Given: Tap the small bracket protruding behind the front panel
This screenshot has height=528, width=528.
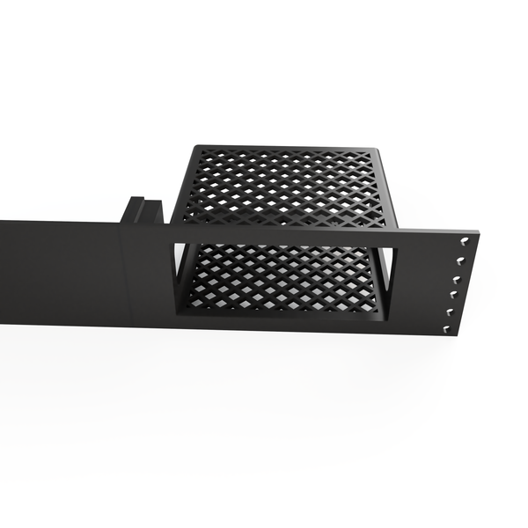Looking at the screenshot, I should pos(141,211).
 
